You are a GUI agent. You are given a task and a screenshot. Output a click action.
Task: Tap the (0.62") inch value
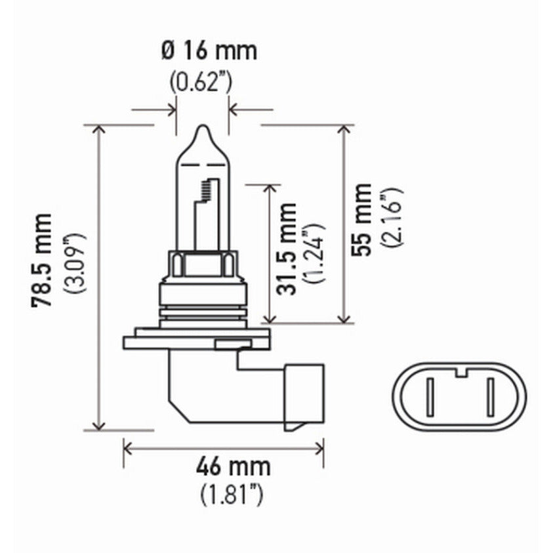pyautogui.click(x=201, y=83)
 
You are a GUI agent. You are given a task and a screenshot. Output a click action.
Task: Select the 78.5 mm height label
pyautogui.click(x=43, y=260)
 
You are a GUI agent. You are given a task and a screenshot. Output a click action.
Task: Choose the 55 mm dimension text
pyautogui.click(x=362, y=220)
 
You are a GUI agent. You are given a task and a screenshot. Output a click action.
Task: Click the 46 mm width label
pyautogui.click(x=232, y=467)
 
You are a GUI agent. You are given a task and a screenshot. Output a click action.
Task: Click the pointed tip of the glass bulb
pyautogui.click(x=203, y=129)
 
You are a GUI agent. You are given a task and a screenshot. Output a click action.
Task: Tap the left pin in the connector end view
pyautogui.click(x=430, y=398)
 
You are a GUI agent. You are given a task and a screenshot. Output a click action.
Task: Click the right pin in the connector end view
pyautogui.click(x=489, y=398)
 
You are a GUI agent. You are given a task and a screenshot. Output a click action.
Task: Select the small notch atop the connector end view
pyautogui.click(x=460, y=373)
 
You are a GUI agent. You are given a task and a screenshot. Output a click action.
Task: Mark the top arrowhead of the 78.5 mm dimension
pyautogui.click(x=99, y=129)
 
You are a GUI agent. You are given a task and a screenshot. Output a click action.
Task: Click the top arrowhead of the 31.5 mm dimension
pyautogui.click(x=269, y=189)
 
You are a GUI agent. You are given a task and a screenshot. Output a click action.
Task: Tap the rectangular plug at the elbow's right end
pyautogui.click(x=304, y=397)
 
